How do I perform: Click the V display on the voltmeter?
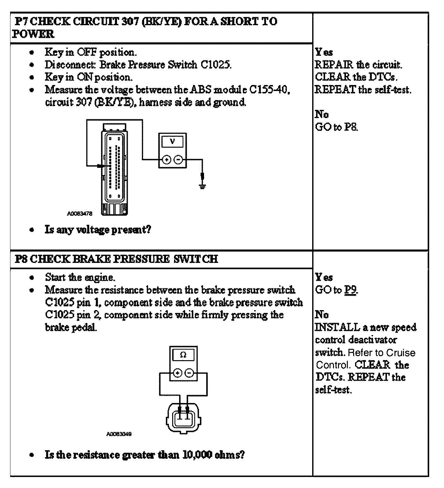pyautogui.click(x=172, y=141)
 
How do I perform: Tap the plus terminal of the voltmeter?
pyautogui.click(x=167, y=160)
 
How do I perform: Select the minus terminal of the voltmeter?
pyautogui.click(x=178, y=160)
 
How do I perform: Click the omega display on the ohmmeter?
pyautogui.click(x=183, y=355)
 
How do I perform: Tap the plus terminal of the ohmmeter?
pyautogui.click(x=178, y=373)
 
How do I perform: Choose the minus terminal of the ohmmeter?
pyautogui.click(x=189, y=373)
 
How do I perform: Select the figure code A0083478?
pyautogui.click(x=79, y=213)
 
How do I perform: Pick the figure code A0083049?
pyautogui.click(x=119, y=434)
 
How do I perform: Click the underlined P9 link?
pyautogui.click(x=350, y=290)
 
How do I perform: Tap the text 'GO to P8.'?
pyautogui.click(x=336, y=127)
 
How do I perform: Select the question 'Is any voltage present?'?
pyautogui.click(x=98, y=230)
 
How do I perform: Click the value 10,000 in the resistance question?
pyautogui.click(x=197, y=455)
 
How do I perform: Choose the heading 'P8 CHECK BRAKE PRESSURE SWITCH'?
pyautogui.click(x=116, y=259)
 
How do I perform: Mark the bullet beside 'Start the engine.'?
pyautogui.click(x=31, y=278)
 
